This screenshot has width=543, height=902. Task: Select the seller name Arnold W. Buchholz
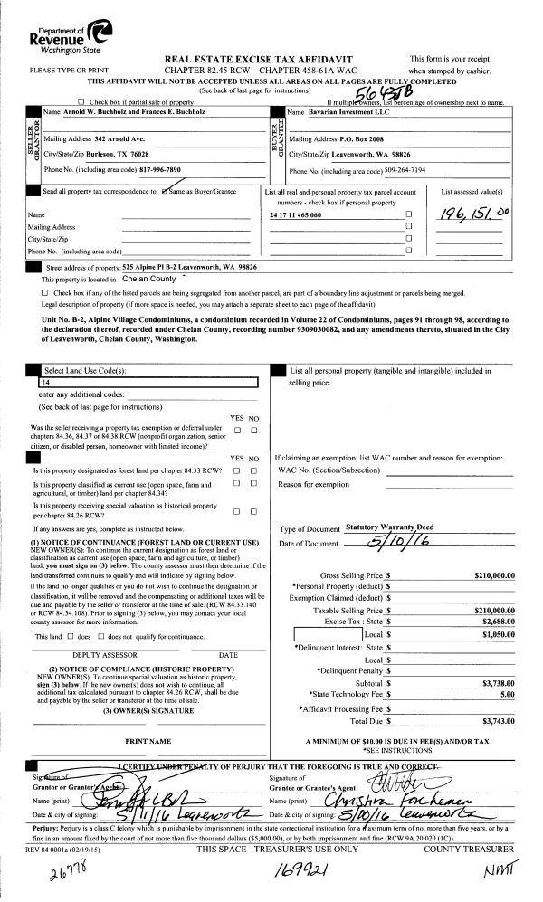pyautogui.click(x=116, y=112)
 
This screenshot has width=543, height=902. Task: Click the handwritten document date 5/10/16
pyautogui.click(x=374, y=541)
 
